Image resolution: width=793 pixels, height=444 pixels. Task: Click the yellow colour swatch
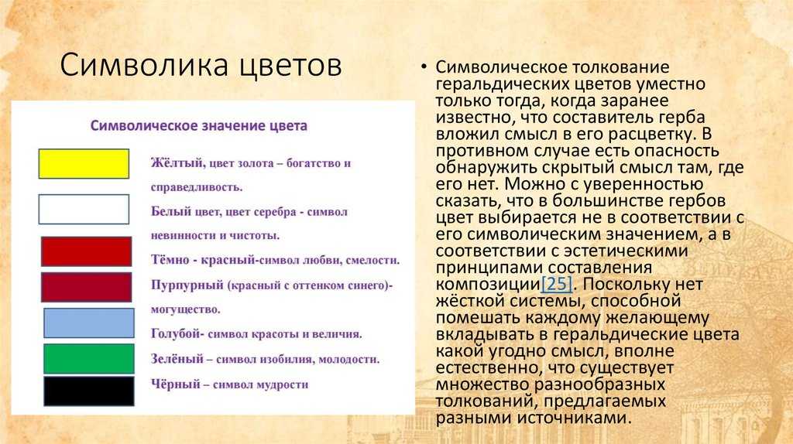[84, 164]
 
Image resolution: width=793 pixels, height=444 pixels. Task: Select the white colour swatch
[84, 209]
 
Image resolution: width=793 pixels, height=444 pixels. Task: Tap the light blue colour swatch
[89, 323]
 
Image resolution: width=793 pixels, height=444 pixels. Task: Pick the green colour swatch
[89, 359]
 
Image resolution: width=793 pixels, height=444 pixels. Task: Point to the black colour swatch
[89, 391]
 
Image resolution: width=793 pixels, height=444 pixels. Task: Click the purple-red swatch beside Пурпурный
[87, 288]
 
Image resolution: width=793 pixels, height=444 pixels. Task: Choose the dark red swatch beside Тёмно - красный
[87, 251]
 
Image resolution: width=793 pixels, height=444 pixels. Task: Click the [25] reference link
[556, 284]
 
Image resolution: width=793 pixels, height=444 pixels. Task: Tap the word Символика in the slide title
[143, 66]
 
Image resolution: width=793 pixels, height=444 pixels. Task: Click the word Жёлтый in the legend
[177, 162]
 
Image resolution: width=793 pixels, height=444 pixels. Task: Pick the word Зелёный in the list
[177, 359]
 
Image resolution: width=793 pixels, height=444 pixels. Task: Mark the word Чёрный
[176, 384]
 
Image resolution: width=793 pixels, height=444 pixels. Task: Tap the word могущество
[185, 309]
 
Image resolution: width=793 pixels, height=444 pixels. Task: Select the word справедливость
[196, 187]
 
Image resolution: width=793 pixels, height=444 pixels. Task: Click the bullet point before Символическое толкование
[424, 67]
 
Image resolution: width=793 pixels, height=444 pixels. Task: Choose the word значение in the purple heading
[231, 126]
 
